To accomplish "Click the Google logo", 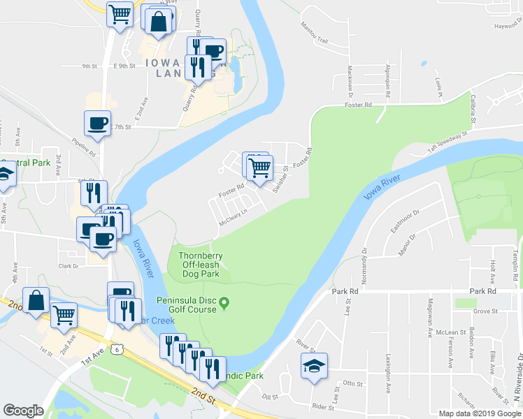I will click(23, 411).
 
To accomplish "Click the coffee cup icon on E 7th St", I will click(97, 124).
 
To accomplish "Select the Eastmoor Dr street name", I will click(405, 217).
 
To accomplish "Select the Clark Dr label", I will click(69, 266).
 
